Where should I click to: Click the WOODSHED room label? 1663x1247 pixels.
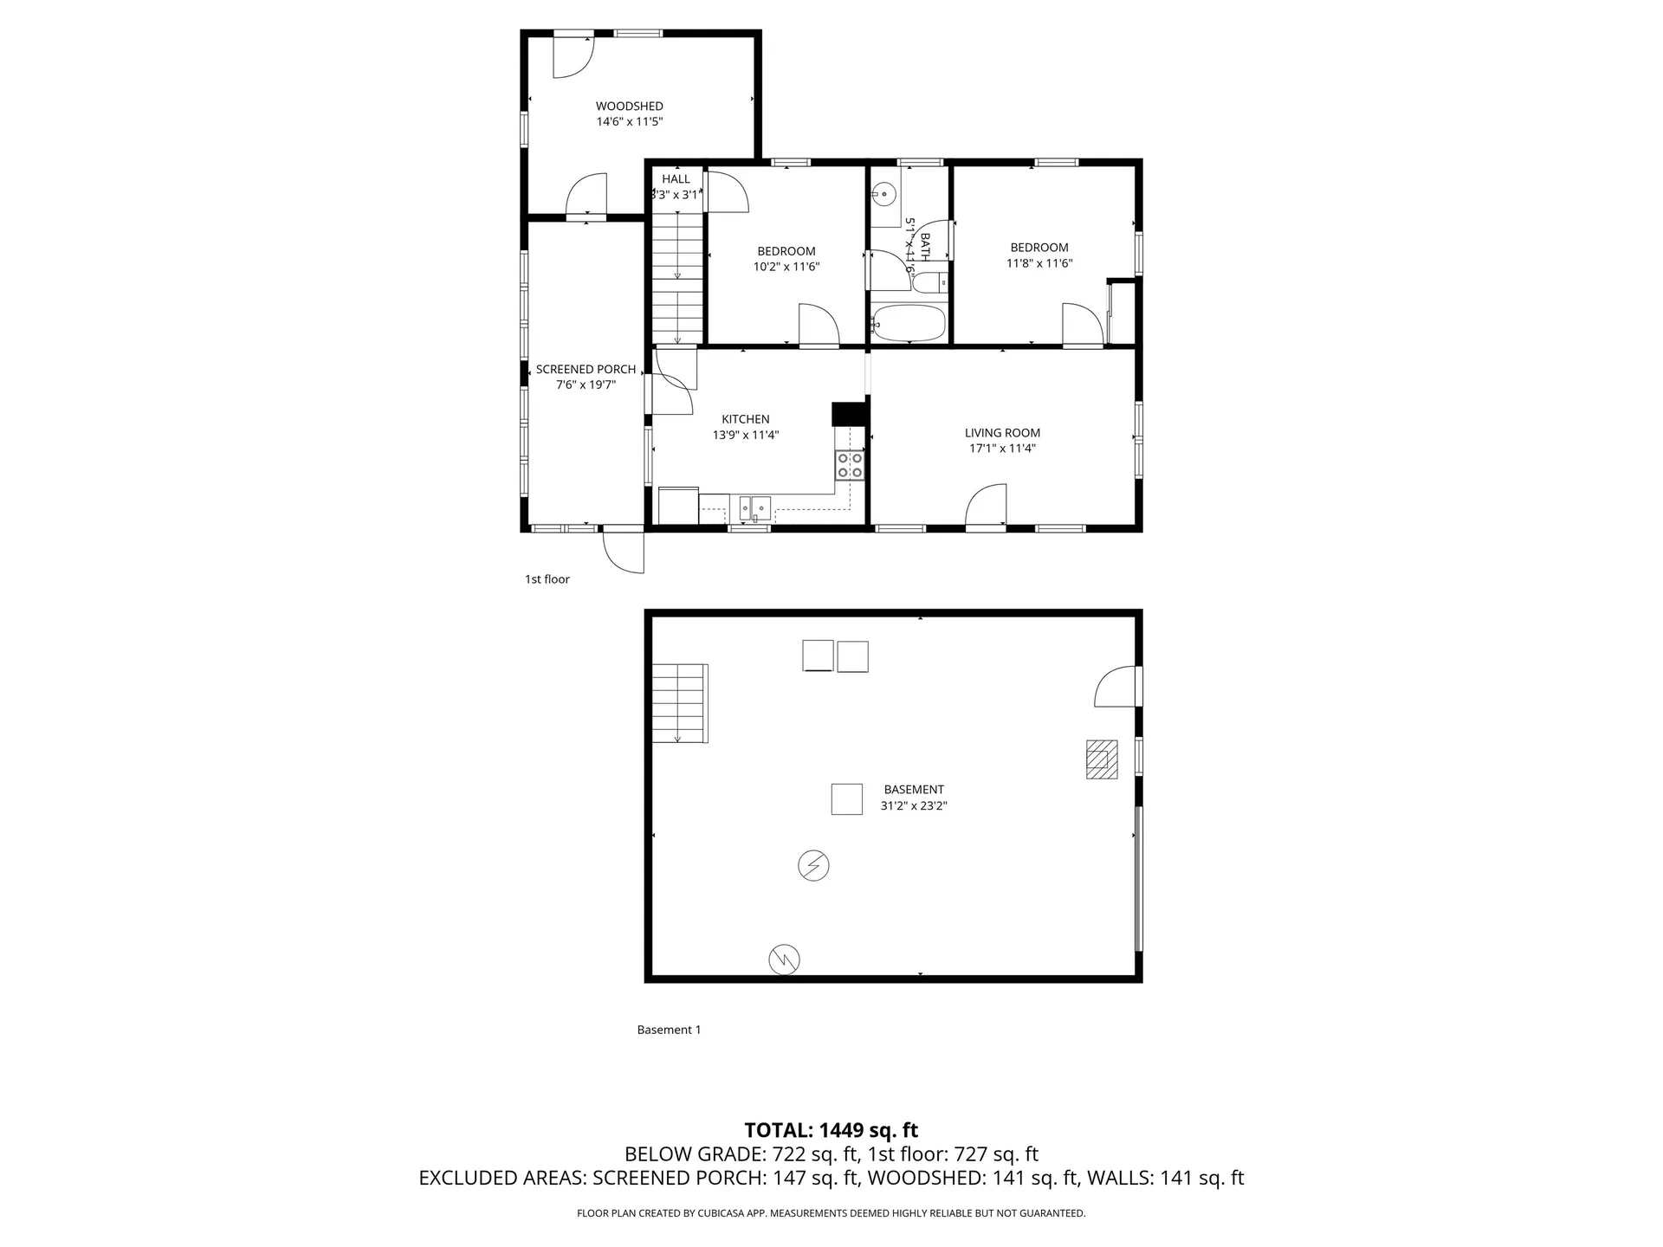(x=630, y=107)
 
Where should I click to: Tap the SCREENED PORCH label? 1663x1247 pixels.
(x=586, y=370)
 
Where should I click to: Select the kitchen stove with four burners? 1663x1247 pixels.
(x=849, y=465)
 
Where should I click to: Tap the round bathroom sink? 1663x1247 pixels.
(x=883, y=194)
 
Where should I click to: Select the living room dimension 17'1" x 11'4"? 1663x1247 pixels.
(x=1002, y=449)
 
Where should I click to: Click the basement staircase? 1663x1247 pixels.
(x=680, y=703)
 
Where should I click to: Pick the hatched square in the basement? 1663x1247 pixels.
(x=1102, y=759)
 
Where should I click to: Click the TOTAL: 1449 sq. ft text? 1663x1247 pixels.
(x=831, y=1130)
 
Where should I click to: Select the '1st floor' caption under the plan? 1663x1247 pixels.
(x=547, y=579)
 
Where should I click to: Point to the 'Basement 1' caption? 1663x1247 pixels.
(x=669, y=1030)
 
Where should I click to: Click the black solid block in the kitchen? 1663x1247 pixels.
(x=850, y=414)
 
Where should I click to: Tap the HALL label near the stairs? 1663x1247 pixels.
(x=676, y=179)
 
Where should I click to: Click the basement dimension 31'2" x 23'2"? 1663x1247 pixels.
(x=914, y=805)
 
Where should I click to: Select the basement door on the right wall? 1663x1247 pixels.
(x=1117, y=687)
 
